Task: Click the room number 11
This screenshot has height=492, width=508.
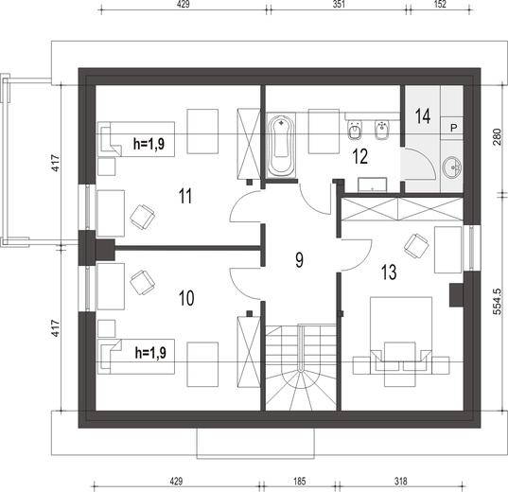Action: [x=185, y=196]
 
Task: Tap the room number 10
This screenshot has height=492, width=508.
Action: [x=186, y=298]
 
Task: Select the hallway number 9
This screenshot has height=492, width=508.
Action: [x=299, y=260]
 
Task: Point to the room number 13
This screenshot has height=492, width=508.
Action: [x=389, y=272]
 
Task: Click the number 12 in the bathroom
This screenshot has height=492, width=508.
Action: [x=360, y=156]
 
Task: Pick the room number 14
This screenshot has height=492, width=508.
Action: [x=423, y=116]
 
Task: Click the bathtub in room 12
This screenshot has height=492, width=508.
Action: [x=281, y=146]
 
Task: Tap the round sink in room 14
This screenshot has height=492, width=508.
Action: [x=452, y=167]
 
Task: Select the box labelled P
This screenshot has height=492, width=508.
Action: [x=452, y=128]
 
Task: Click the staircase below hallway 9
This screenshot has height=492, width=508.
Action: [x=302, y=367]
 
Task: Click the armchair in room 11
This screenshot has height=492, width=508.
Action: [x=142, y=217]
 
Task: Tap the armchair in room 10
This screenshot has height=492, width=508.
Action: [x=142, y=283]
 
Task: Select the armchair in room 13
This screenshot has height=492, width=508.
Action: [x=416, y=246]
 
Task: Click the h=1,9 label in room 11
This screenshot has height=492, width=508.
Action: [x=149, y=143]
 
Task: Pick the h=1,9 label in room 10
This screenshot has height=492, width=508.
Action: [x=150, y=352]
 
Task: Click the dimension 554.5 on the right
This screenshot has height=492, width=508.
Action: [x=498, y=302]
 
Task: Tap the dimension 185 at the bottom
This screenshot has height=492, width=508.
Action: [x=299, y=481]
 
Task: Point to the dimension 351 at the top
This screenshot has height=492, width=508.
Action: [x=339, y=4]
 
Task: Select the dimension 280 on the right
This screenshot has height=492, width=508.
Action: [x=498, y=137]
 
